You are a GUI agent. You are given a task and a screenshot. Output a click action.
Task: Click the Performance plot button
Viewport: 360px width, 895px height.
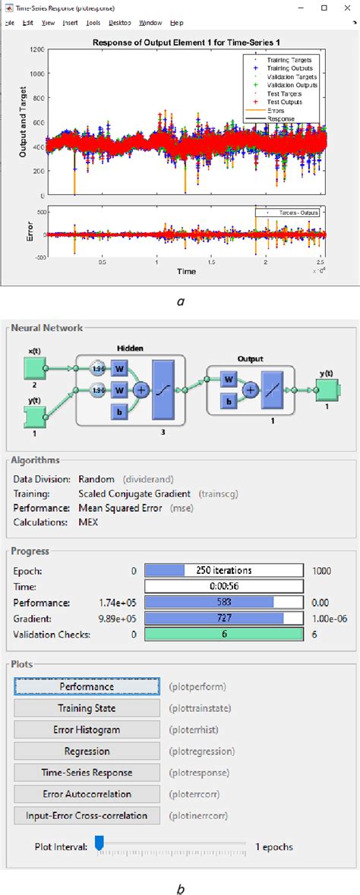coord(87,687)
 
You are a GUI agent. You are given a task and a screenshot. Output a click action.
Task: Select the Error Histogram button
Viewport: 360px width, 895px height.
coord(87,730)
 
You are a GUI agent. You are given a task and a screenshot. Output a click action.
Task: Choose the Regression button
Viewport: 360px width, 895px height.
coord(87,751)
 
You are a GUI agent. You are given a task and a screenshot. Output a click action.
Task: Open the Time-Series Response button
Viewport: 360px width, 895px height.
coord(87,773)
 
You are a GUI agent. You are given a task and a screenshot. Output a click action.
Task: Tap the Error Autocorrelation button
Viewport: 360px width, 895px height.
coord(87,794)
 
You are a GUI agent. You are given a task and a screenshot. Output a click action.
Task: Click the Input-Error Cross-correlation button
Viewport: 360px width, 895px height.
coord(87,816)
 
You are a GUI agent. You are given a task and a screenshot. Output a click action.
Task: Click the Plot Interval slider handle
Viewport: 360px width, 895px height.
coord(99,846)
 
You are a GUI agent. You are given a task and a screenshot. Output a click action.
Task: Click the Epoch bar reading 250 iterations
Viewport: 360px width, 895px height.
coord(223,570)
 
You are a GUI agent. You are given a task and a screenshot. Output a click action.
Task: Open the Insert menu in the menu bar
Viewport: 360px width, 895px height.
coord(70,23)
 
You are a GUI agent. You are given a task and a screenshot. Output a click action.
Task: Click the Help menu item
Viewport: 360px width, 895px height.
coord(176,23)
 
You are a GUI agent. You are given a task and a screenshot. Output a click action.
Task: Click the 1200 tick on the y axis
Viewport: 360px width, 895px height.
coord(36,49)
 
